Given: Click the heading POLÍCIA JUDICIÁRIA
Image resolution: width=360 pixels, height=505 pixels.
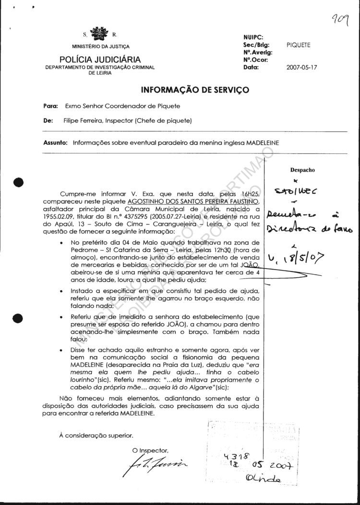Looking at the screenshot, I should click(100, 59).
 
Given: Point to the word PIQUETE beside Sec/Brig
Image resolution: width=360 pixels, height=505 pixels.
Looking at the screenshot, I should click(299, 45).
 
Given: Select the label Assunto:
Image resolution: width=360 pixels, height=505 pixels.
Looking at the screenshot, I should click(57, 142).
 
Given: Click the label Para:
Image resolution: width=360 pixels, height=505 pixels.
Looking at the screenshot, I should click(50, 106).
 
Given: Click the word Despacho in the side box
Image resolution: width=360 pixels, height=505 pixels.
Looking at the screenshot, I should click(302, 170).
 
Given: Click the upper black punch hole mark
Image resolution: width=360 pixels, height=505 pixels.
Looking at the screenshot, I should click(19, 182).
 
